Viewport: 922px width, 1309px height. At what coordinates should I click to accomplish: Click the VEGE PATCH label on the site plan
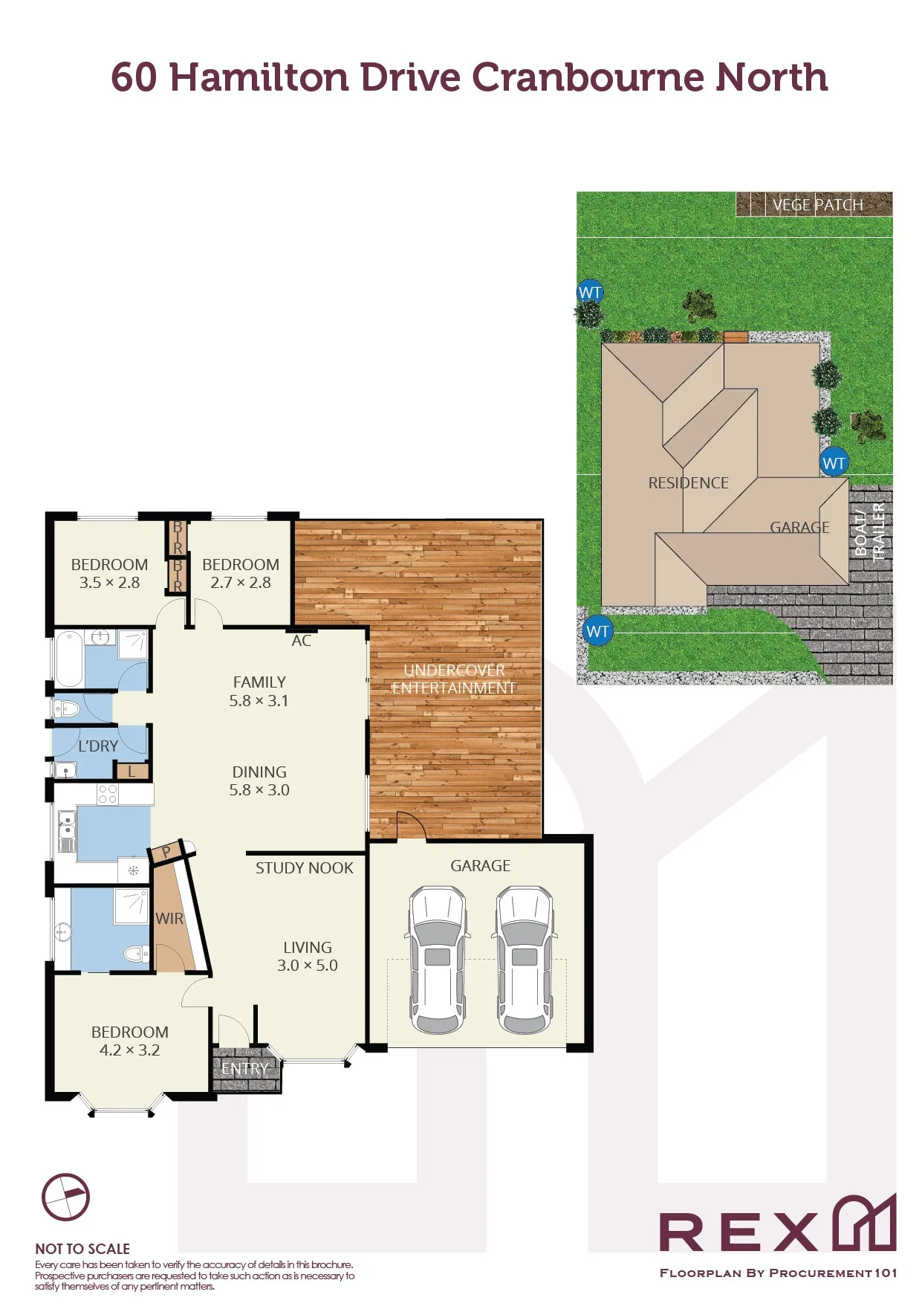[817, 204]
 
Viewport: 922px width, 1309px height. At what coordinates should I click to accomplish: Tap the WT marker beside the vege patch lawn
[590, 292]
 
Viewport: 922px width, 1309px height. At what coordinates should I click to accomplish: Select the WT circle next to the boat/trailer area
[834, 463]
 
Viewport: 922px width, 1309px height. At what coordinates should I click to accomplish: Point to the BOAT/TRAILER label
[869, 532]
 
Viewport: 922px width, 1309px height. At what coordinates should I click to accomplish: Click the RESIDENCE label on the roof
[688, 483]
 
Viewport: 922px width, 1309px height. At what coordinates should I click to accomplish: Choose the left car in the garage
[438, 960]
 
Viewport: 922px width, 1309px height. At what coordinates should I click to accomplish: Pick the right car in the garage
[525, 960]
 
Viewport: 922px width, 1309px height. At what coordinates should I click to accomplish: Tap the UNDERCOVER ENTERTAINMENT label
[454, 679]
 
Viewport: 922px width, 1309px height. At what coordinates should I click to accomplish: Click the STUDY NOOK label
[305, 868]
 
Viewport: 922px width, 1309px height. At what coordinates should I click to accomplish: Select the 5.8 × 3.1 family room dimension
[259, 700]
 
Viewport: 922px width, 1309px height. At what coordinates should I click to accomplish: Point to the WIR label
[169, 919]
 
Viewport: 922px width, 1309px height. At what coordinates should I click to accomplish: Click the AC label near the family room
[301, 641]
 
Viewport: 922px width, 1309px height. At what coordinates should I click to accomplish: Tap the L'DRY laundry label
[98, 746]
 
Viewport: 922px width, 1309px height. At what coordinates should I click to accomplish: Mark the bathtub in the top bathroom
[69, 659]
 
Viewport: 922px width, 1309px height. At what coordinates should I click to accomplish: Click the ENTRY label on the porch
[244, 1069]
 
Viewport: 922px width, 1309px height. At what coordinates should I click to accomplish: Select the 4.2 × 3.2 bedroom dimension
[129, 1050]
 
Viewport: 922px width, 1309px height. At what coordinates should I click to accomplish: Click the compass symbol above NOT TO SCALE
[65, 1198]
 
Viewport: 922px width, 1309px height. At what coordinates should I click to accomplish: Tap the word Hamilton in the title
[259, 77]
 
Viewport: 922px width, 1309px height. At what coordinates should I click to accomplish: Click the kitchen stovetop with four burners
[108, 794]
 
